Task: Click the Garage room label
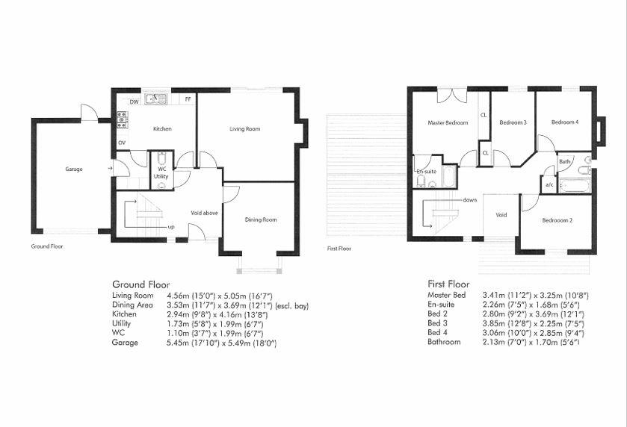click(x=73, y=169)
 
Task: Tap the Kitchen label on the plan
click(x=162, y=129)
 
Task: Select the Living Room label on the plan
click(x=244, y=129)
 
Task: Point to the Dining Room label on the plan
click(x=261, y=219)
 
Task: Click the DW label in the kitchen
click(x=135, y=102)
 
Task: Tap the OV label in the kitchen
click(x=122, y=143)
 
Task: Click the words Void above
click(x=204, y=213)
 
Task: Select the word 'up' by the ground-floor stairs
click(x=171, y=227)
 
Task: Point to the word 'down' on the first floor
click(x=469, y=200)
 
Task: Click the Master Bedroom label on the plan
click(x=448, y=122)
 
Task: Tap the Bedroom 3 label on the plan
click(x=513, y=122)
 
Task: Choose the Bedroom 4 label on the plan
click(x=565, y=122)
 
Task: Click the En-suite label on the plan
click(x=425, y=172)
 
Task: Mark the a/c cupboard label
click(x=549, y=184)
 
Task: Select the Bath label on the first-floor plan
click(x=565, y=161)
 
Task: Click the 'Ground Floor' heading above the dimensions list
click(x=140, y=284)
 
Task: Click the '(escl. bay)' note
click(x=291, y=305)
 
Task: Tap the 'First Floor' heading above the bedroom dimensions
click(x=448, y=284)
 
